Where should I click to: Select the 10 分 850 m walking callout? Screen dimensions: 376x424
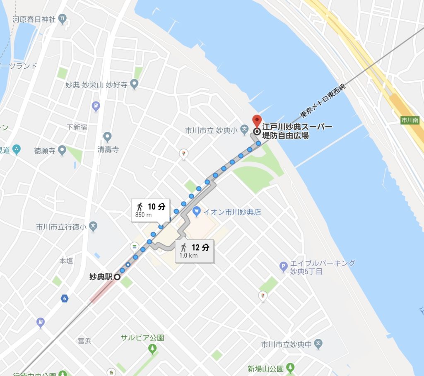(x=150, y=210)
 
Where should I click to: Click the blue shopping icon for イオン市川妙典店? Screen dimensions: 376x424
(x=197, y=212)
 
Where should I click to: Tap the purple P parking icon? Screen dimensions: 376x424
(x=284, y=267)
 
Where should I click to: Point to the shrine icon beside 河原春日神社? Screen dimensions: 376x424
(x=62, y=18)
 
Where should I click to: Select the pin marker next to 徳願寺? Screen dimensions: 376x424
(x=63, y=149)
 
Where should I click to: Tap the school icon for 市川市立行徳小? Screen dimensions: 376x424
(x=94, y=227)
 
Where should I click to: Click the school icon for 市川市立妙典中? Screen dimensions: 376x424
(x=318, y=344)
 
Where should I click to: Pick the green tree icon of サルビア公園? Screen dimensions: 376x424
(x=152, y=349)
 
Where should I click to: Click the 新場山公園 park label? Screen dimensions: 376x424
(x=265, y=368)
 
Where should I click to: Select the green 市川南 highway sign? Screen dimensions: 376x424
(x=410, y=121)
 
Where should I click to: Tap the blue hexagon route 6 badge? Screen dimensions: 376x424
(x=64, y=299)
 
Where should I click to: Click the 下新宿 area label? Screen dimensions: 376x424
(x=77, y=127)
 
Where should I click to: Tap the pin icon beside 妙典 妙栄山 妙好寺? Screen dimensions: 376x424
(x=134, y=84)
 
